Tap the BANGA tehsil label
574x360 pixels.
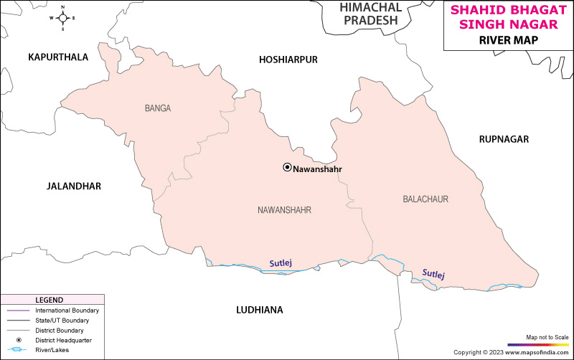click(x=158, y=109)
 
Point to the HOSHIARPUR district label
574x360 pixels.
click(x=288, y=60)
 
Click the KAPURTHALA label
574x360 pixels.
click(x=58, y=57)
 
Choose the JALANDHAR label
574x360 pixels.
click(x=74, y=186)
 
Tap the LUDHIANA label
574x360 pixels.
click(x=260, y=310)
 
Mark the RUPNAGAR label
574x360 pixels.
click(x=504, y=139)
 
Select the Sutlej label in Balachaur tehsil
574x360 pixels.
click(x=433, y=274)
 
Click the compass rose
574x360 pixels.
click(x=62, y=18)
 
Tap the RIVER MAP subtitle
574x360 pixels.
click(x=508, y=41)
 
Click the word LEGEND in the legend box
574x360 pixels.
click(x=50, y=300)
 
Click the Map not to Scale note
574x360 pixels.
click(x=547, y=337)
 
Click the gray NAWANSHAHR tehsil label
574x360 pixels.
click(x=288, y=210)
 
